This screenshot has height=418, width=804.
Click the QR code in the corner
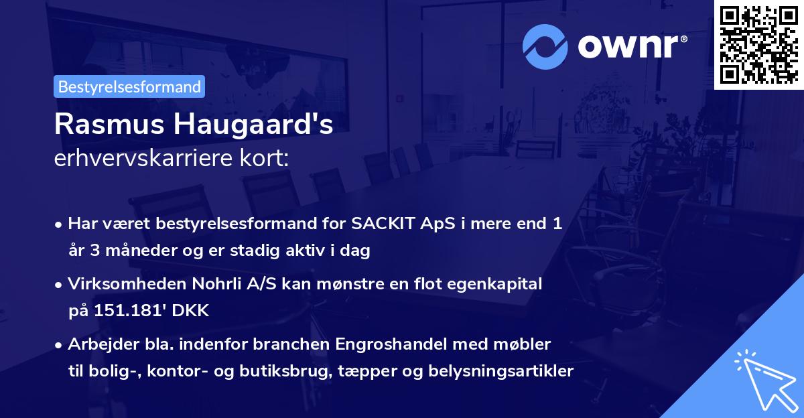[758, 44]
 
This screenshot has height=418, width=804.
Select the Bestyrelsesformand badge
[129, 86]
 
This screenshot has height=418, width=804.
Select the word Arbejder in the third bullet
[100, 344]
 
